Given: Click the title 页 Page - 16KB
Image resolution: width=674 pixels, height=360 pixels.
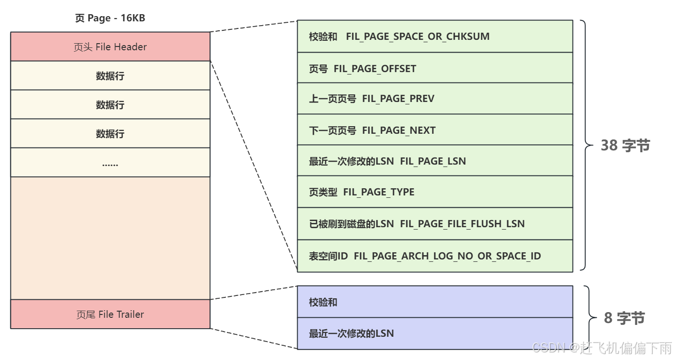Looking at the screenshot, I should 110,18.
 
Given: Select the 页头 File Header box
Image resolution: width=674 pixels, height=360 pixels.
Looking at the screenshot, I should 110,47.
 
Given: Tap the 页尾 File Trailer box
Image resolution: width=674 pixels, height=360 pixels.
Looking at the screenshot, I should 110,314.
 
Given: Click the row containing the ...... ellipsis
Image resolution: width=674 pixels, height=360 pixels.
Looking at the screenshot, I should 110,163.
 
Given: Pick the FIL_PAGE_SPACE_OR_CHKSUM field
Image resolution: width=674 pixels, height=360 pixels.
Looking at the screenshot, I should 417,37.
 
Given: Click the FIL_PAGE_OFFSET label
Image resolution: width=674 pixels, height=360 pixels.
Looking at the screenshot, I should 374,69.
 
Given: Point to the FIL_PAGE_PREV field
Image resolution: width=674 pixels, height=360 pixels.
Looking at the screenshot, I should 398,99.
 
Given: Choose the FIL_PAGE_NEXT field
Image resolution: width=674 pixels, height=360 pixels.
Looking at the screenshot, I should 399,130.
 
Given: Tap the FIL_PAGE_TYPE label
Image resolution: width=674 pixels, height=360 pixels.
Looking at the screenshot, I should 379,192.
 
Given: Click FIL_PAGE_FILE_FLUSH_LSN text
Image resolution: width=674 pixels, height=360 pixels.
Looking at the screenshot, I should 462,224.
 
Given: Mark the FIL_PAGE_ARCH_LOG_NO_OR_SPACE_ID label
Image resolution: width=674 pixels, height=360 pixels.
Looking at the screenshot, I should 447,256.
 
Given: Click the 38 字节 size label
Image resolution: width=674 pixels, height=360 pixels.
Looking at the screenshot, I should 625,146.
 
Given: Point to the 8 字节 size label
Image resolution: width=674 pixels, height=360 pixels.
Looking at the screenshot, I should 624,318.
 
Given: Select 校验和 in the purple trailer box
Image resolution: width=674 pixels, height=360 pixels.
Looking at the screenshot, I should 323,302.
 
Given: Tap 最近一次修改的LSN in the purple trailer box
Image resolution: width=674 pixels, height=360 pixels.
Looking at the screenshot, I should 351,333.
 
